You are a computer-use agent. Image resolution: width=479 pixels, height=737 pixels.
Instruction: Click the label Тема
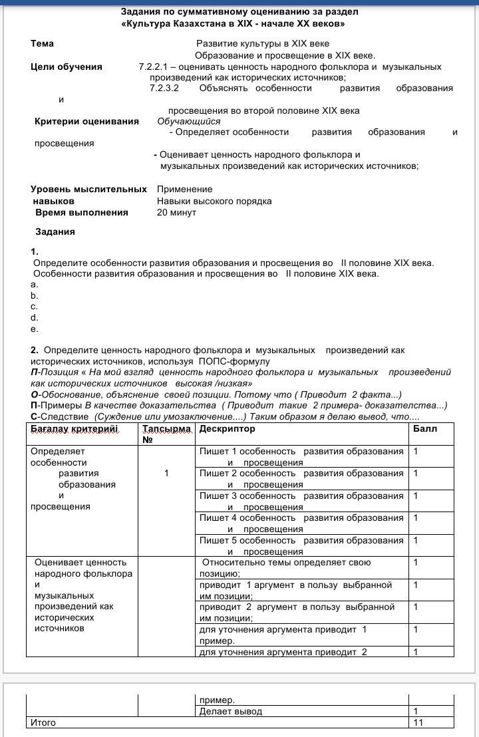(42, 44)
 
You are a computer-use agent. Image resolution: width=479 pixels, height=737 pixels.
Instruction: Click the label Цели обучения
(67, 67)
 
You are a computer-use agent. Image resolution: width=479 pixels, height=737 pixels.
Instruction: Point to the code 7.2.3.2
(164, 88)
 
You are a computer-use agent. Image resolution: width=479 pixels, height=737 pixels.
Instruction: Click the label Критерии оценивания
(86, 122)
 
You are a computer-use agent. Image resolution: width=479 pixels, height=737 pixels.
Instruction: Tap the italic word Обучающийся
(188, 122)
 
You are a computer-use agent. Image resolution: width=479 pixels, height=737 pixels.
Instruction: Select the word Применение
(185, 190)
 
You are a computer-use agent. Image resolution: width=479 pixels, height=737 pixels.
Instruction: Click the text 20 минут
(176, 213)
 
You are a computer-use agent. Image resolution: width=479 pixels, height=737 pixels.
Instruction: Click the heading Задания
(55, 232)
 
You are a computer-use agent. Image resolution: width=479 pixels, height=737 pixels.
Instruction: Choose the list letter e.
(34, 329)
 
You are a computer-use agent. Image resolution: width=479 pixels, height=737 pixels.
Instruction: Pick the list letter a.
(34, 284)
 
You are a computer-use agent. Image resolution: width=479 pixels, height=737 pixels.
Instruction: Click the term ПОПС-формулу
(234, 361)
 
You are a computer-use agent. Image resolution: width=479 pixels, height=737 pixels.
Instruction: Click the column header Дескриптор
(227, 429)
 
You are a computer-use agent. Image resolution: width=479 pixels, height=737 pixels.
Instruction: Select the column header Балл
(425, 429)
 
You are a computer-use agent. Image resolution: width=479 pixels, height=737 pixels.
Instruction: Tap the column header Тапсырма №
(166, 434)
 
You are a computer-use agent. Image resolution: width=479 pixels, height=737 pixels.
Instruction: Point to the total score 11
(418, 722)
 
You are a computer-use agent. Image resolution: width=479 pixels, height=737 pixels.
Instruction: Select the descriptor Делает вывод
(231, 711)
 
